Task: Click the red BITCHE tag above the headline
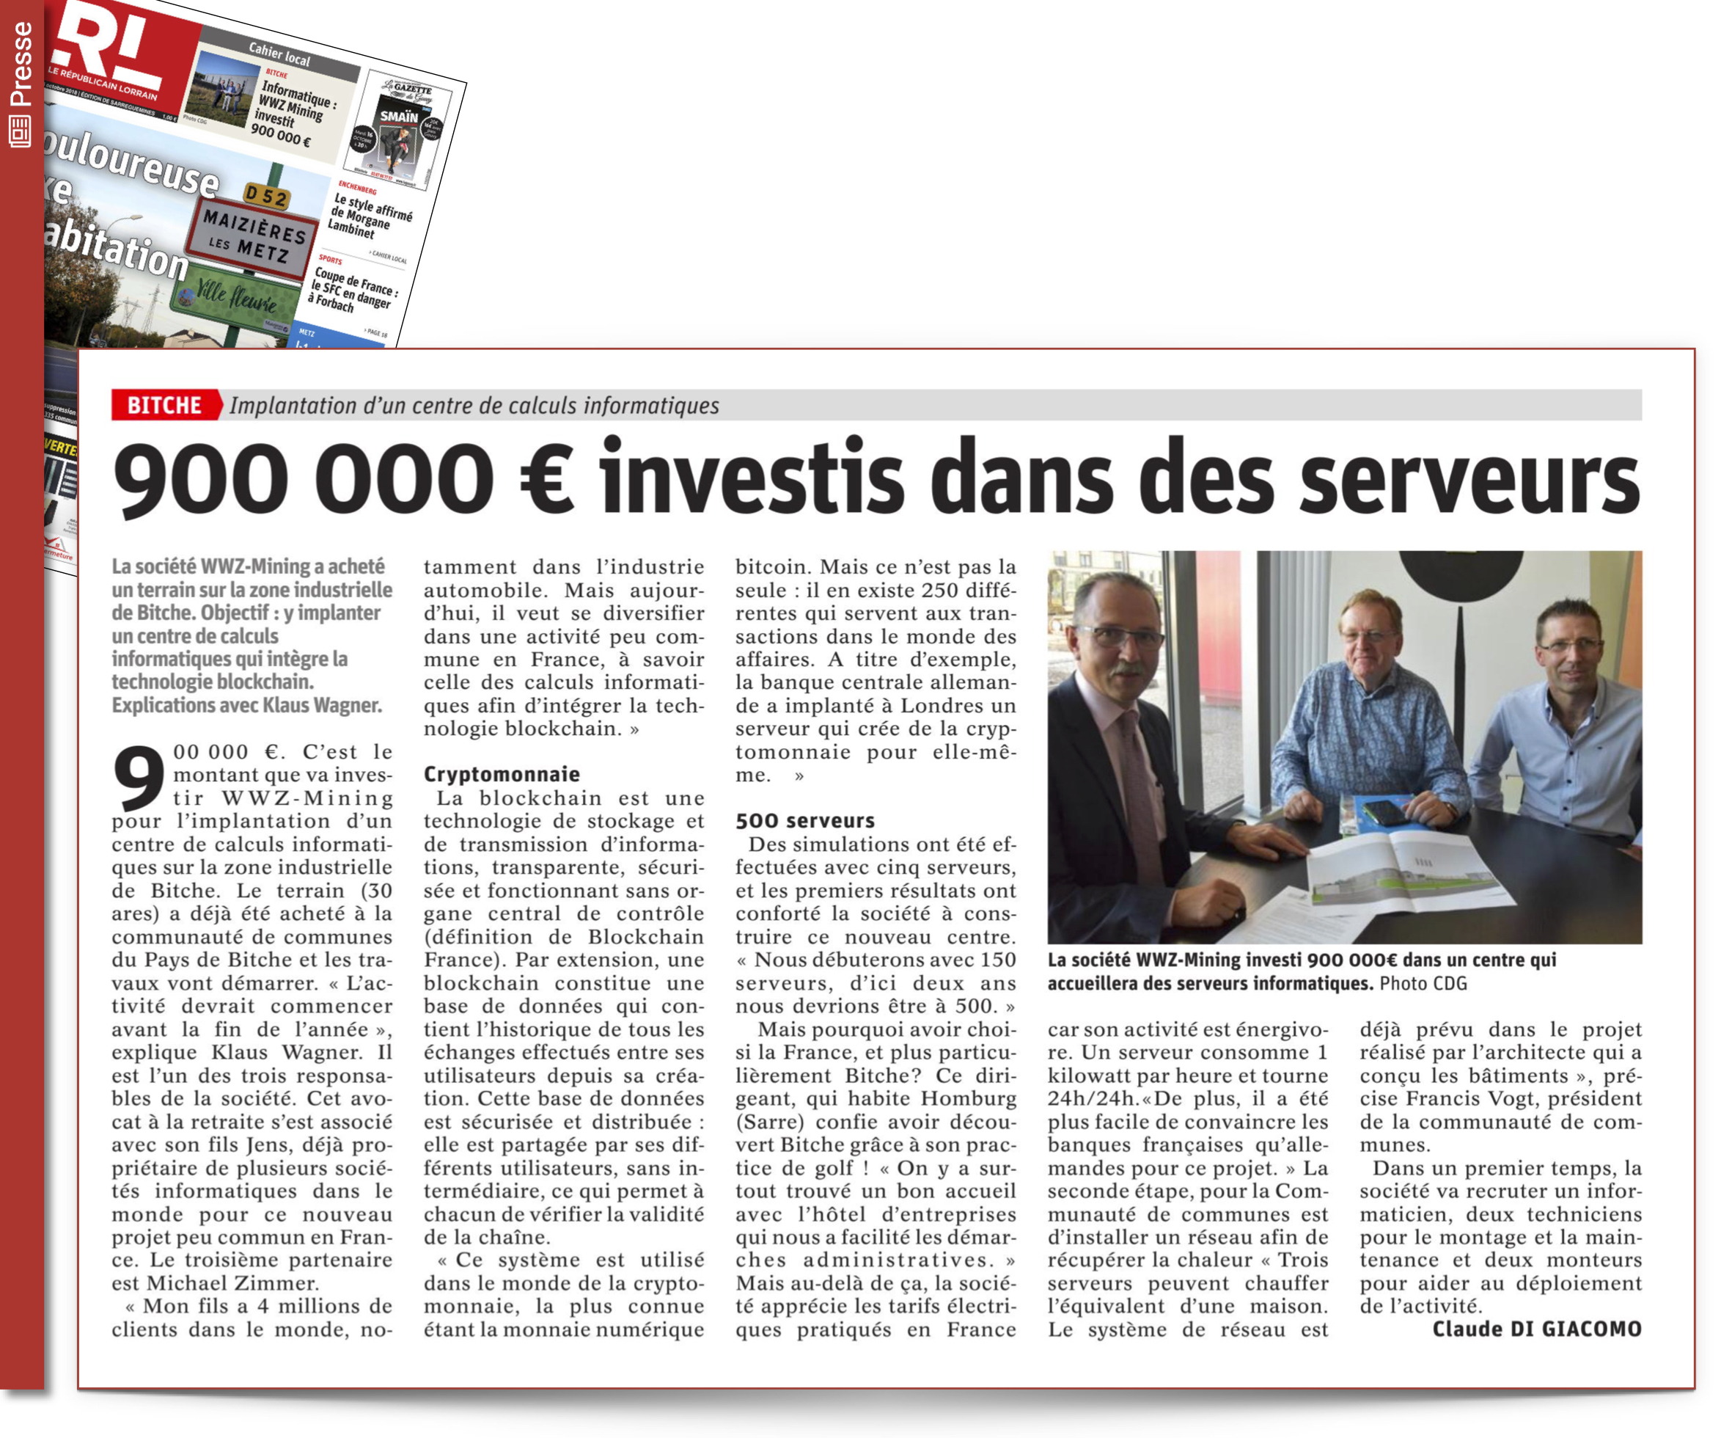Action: [x=165, y=405]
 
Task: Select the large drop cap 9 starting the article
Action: [x=139, y=778]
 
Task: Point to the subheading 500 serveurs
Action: [x=805, y=820]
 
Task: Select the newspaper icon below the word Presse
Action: [x=21, y=131]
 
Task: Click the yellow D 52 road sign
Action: [x=265, y=197]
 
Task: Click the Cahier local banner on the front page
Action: [x=279, y=54]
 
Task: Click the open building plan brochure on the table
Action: [x=1402, y=875]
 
